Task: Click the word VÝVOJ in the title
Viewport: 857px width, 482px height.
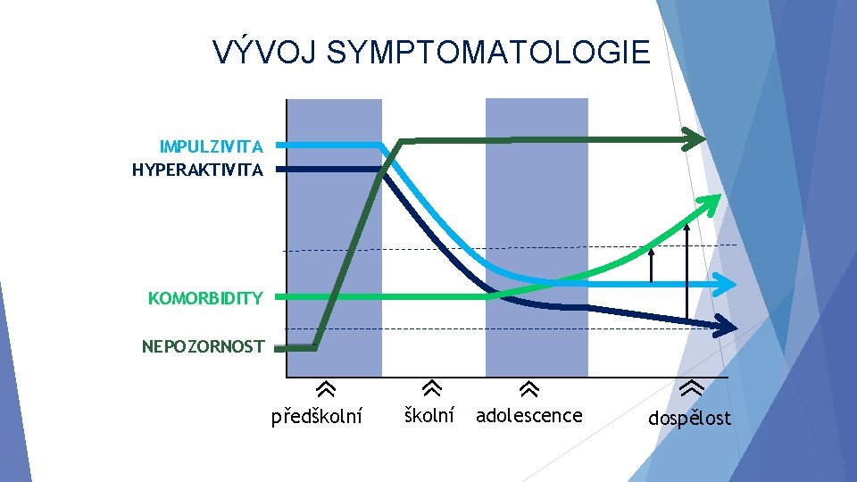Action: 265,53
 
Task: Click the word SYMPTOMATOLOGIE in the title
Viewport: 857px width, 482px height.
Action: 488,53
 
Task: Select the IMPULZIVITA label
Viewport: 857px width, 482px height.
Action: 211,146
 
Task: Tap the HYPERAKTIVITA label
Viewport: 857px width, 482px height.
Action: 197,170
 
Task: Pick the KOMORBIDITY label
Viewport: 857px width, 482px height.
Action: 205,298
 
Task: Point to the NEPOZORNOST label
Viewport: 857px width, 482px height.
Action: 203,346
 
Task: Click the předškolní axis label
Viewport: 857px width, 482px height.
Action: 317,417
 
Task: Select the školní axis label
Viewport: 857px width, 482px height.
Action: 429,415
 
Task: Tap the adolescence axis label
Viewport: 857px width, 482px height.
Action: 528,415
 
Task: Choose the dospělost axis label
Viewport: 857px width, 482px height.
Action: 688,418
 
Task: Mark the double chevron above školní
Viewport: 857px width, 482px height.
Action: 431,388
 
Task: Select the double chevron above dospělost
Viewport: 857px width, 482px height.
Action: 690,388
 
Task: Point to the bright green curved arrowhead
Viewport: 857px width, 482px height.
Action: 711,204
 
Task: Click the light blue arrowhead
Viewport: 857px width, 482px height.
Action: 726,284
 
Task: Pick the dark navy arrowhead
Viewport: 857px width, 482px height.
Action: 725,325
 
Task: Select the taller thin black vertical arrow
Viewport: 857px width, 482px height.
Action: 686,268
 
